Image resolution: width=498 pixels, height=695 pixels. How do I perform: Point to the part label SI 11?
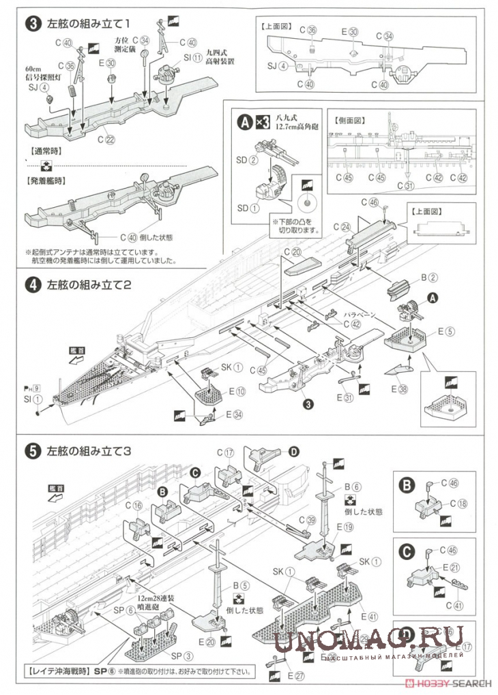click(x=197, y=59)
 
